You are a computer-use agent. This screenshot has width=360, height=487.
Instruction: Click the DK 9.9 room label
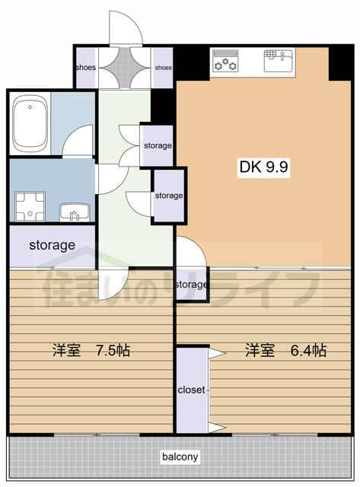point(263,167)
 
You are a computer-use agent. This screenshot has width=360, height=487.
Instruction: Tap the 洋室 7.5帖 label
point(91,350)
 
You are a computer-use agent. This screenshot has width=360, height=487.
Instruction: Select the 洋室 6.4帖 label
point(285,350)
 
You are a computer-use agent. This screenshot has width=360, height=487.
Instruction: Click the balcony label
point(180,457)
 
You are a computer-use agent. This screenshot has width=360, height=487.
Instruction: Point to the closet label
point(191,390)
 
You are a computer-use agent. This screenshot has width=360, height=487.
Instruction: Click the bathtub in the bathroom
point(30,123)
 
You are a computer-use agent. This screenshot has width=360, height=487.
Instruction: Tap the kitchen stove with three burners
point(225,61)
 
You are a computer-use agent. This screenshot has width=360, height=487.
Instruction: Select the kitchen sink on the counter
point(279,61)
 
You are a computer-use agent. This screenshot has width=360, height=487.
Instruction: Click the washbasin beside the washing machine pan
point(75,212)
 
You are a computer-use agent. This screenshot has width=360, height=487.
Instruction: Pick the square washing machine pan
point(30,206)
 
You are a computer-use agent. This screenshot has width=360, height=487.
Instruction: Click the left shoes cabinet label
point(86,68)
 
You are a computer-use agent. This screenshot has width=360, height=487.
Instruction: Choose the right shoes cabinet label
point(164,68)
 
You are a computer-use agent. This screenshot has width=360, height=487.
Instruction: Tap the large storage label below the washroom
point(53,245)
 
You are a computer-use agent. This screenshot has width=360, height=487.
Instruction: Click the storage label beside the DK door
point(191,285)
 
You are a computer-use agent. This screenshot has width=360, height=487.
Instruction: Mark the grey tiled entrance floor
point(125,68)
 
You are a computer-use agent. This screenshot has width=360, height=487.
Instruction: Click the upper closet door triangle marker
point(216,353)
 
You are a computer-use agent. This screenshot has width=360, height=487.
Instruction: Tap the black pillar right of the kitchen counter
point(339,63)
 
